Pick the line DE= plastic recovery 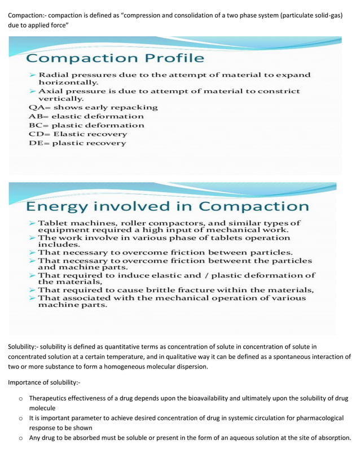click(77, 143)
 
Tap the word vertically click(61, 98)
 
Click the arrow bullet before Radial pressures click(33, 74)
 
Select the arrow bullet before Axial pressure click(33, 91)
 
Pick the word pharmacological click(315, 419)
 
